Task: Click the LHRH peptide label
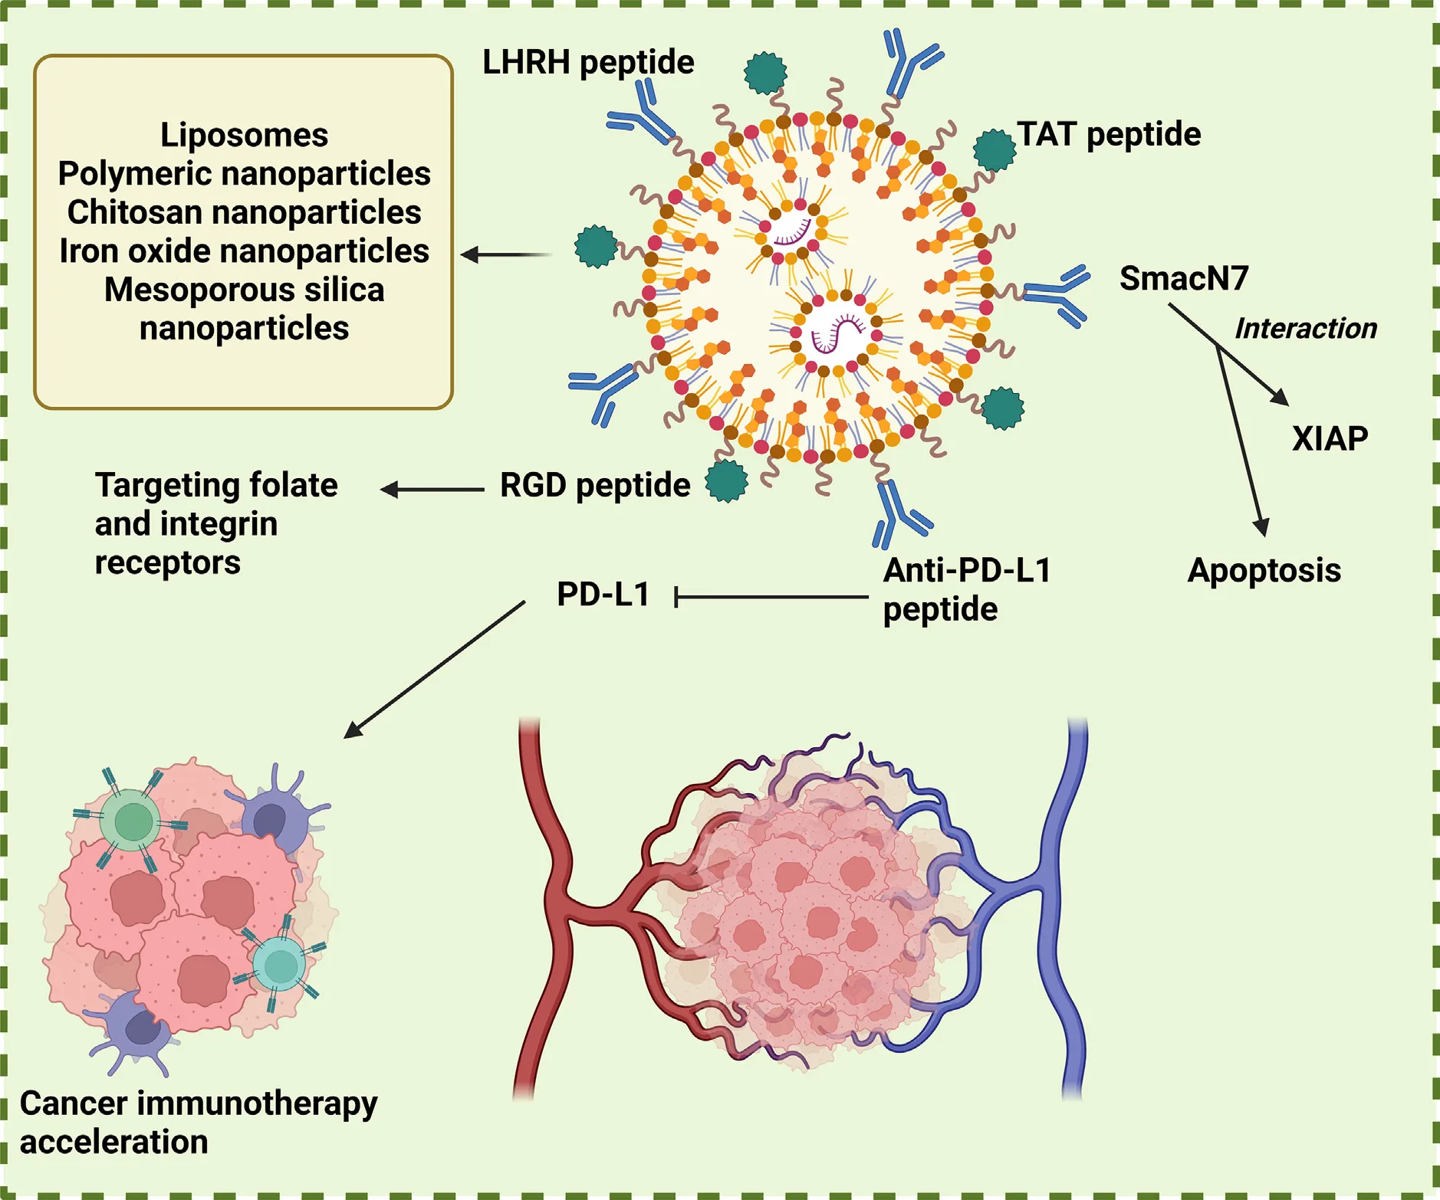tap(587, 62)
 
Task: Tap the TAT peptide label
tap(1108, 134)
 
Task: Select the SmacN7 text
tap(1183, 277)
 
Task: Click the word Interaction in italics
tap(1305, 328)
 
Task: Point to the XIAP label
tap(1330, 438)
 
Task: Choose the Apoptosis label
tap(1264, 570)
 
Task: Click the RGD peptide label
tap(595, 484)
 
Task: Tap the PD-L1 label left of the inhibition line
tap(603, 594)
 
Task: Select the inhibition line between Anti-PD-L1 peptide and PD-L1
tap(771, 596)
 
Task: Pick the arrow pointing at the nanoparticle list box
tap(506, 254)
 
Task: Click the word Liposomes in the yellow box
tap(244, 135)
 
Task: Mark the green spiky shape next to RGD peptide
tap(726, 480)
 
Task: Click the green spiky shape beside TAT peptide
tap(995, 149)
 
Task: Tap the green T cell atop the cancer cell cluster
tap(133, 821)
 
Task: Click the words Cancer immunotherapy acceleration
tap(198, 1122)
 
